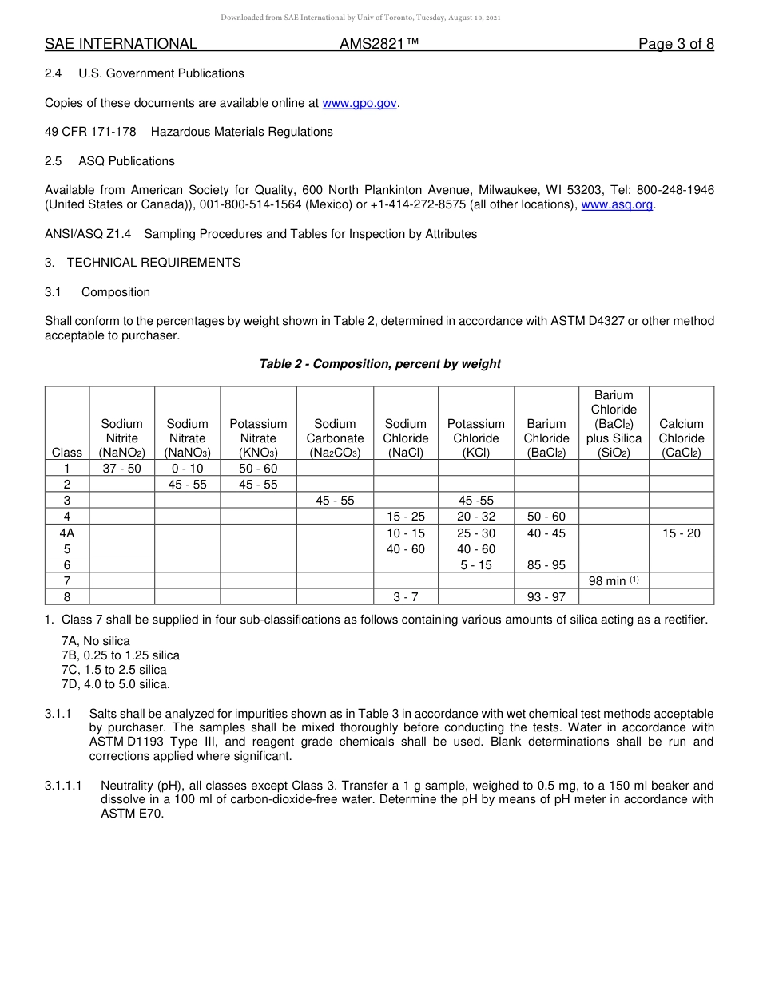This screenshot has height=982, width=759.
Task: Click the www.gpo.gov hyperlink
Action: (360, 103)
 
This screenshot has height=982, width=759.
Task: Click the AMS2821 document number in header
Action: (379, 44)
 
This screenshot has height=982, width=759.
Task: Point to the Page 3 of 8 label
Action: (676, 44)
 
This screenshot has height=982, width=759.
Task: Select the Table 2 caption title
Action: (379, 364)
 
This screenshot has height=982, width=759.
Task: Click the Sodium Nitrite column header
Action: (121, 438)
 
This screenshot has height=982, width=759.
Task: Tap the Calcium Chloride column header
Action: (681, 438)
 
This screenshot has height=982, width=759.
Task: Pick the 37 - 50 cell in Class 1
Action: (121, 469)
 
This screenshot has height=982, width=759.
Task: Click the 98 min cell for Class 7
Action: (613, 581)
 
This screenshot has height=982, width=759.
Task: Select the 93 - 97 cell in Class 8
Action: (546, 597)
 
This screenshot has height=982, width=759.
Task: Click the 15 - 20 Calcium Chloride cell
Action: (681, 533)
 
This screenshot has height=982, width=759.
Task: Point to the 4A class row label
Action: (67, 533)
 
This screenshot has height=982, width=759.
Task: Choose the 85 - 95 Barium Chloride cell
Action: (546, 565)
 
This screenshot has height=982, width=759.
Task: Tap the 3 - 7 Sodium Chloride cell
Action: (406, 597)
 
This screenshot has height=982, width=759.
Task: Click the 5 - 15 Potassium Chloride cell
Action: (476, 565)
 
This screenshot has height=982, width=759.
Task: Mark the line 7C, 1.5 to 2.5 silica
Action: (114, 670)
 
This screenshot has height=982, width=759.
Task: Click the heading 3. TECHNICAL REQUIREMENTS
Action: (142, 263)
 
